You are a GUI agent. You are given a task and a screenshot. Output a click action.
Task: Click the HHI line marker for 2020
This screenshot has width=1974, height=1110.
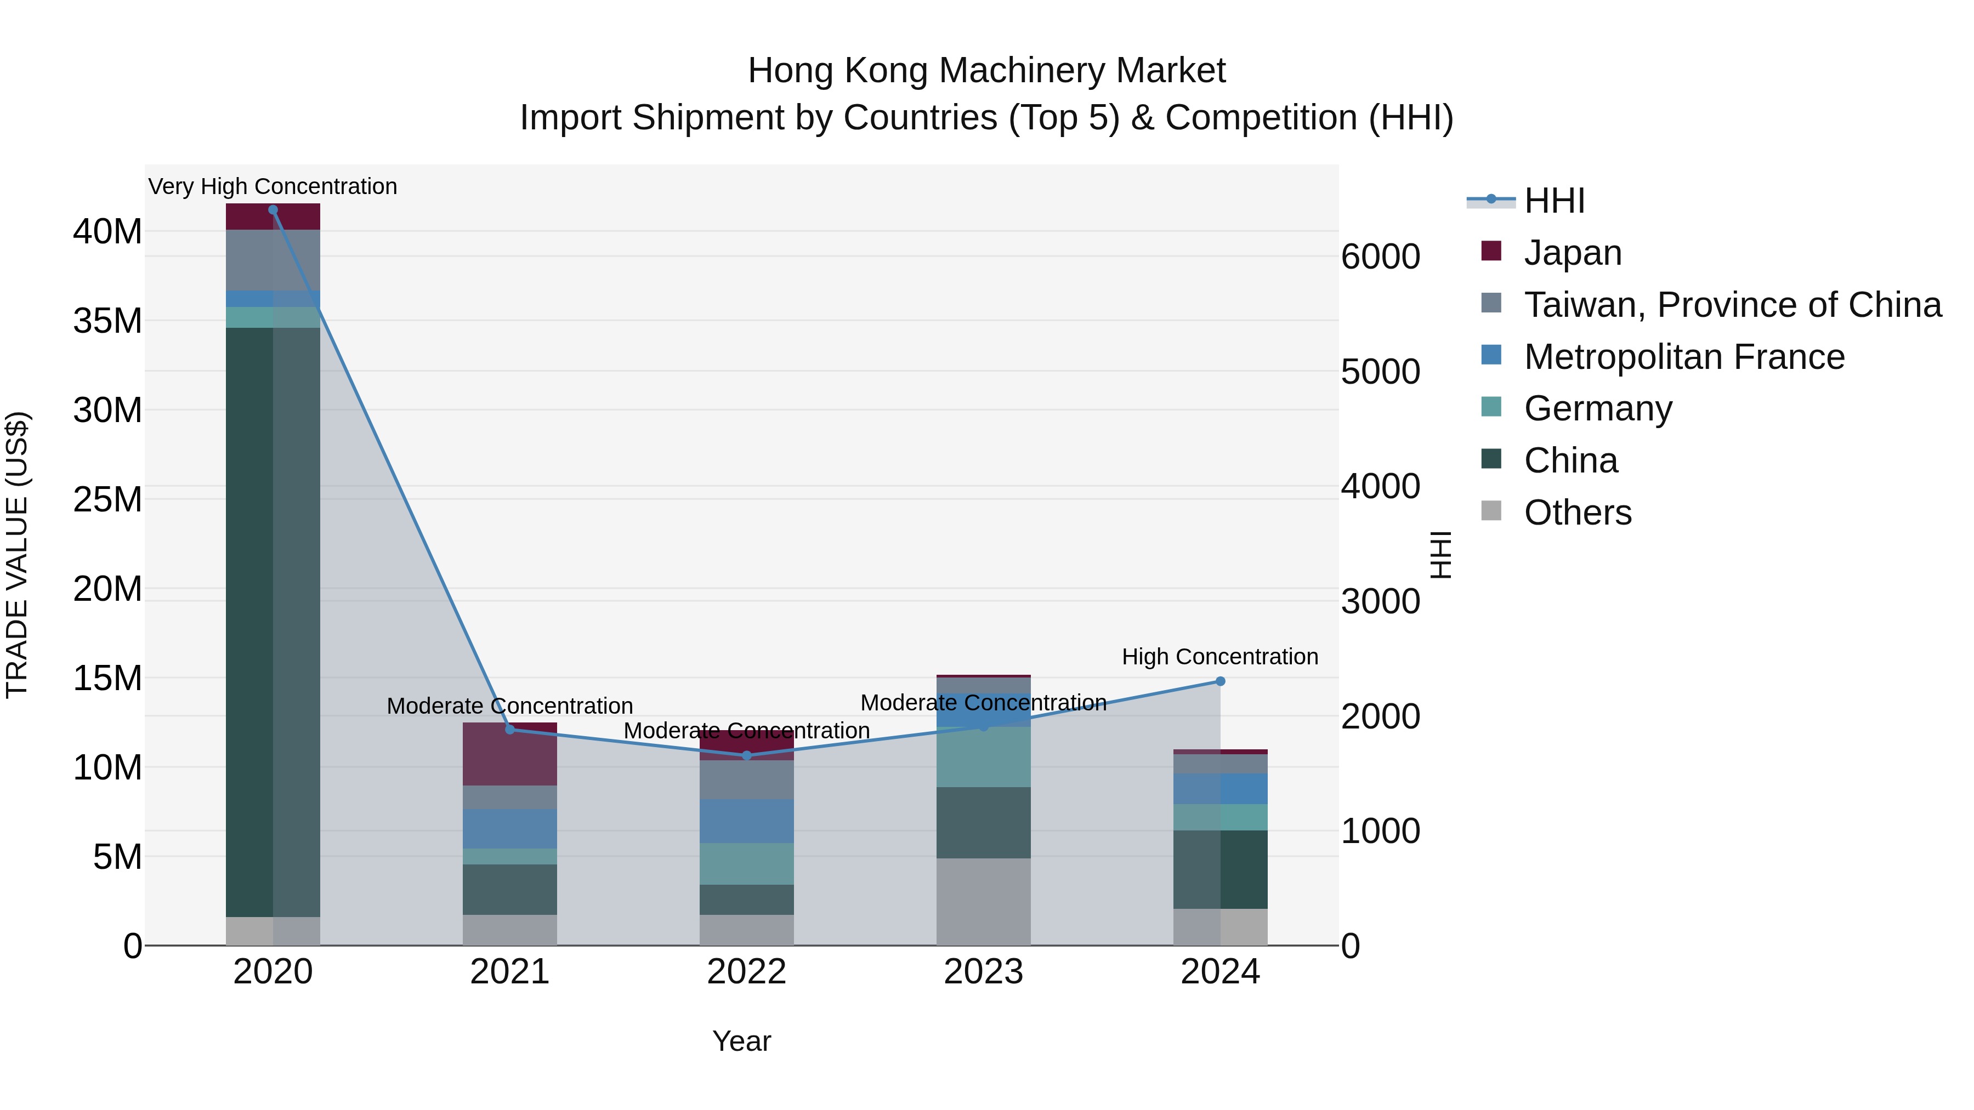273,210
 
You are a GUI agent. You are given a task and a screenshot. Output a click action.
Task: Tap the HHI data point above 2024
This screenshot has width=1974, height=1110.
1220,681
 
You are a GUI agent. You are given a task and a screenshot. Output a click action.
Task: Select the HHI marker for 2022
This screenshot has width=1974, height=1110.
746,755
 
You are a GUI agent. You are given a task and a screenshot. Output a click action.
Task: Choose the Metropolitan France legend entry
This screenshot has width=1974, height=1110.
1683,357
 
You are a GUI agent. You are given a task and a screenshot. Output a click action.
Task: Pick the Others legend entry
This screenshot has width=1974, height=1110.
1577,513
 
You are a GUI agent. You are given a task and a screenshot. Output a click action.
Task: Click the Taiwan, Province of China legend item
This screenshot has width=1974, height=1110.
1732,305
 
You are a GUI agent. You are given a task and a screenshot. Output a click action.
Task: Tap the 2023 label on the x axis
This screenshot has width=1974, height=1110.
983,972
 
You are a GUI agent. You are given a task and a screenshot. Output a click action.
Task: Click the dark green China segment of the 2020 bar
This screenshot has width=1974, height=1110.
250,621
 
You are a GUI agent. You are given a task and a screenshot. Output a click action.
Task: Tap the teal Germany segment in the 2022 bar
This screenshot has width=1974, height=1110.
746,863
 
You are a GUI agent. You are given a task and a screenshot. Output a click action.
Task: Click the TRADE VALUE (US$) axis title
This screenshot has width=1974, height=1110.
17,555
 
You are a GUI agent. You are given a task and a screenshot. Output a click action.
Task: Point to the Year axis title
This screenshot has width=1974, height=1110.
741,1041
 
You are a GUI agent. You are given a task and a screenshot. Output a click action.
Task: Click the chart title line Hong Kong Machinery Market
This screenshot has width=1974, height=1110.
986,71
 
